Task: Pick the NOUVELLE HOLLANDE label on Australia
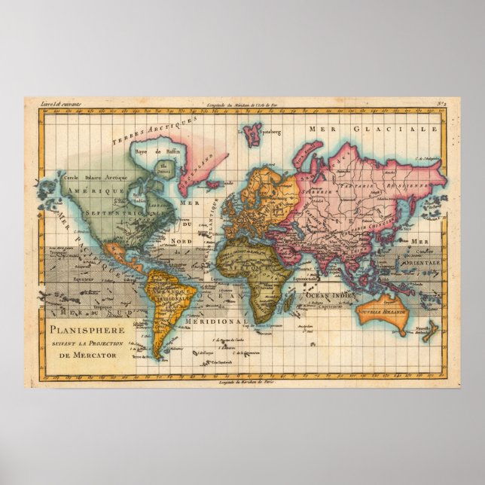coord(382,311)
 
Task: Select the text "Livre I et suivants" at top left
coord(56,105)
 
